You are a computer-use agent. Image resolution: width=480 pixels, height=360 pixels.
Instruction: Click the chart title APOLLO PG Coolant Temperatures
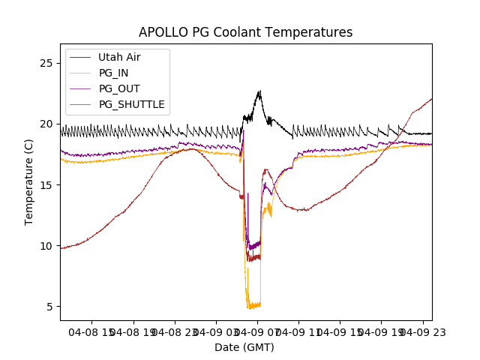point(245,32)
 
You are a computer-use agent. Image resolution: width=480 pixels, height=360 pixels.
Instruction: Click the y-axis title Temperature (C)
point(29,181)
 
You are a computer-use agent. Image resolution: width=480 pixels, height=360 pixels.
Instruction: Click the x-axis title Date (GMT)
point(244,347)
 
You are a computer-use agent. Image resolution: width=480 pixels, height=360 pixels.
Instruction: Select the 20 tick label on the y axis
point(46,124)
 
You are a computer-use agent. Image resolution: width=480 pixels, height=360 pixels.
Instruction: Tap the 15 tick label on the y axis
point(46,184)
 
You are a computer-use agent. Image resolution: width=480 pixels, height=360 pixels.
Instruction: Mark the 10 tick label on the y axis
point(46,246)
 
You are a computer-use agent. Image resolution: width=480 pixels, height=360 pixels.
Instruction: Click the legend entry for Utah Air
point(119,57)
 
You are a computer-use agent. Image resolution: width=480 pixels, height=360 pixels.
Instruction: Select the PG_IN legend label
point(114,73)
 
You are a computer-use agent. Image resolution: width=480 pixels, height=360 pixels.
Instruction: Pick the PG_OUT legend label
point(119,88)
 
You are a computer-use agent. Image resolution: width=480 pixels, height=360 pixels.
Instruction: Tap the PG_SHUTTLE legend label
point(131,104)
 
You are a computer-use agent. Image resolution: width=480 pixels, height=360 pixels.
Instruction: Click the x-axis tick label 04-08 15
point(92,330)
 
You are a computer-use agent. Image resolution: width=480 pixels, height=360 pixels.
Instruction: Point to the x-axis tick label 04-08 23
point(175,330)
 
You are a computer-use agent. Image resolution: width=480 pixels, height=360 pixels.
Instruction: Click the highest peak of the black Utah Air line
point(259,91)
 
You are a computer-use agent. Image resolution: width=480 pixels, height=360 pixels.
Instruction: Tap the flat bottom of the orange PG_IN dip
point(253,306)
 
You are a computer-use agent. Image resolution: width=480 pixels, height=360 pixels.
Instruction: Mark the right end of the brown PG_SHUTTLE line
point(431,99)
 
